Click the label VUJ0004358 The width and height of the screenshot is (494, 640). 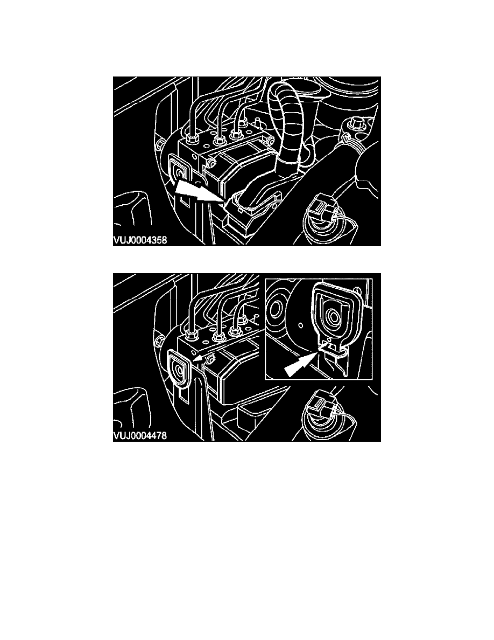click(x=140, y=240)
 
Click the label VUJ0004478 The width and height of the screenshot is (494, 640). click(x=140, y=436)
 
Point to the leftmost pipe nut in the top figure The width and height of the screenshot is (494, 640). click(x=193, y=138)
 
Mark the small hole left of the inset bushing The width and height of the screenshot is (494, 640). click(x=300, y=326)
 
